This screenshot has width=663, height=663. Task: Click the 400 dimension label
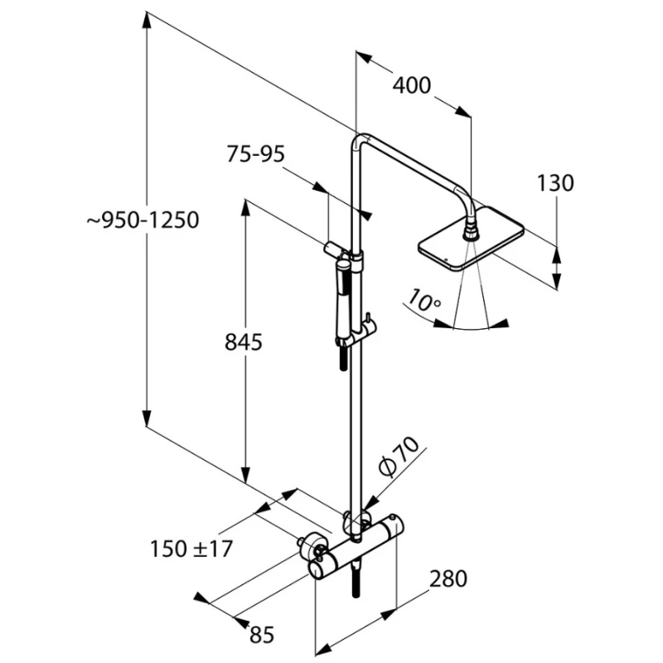[412, 86]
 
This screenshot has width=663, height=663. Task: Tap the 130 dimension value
[555, 183]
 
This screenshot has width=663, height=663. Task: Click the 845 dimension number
[244, 341]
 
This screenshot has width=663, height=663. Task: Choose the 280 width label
[448, 578]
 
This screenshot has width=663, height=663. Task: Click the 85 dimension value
[261, 636]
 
